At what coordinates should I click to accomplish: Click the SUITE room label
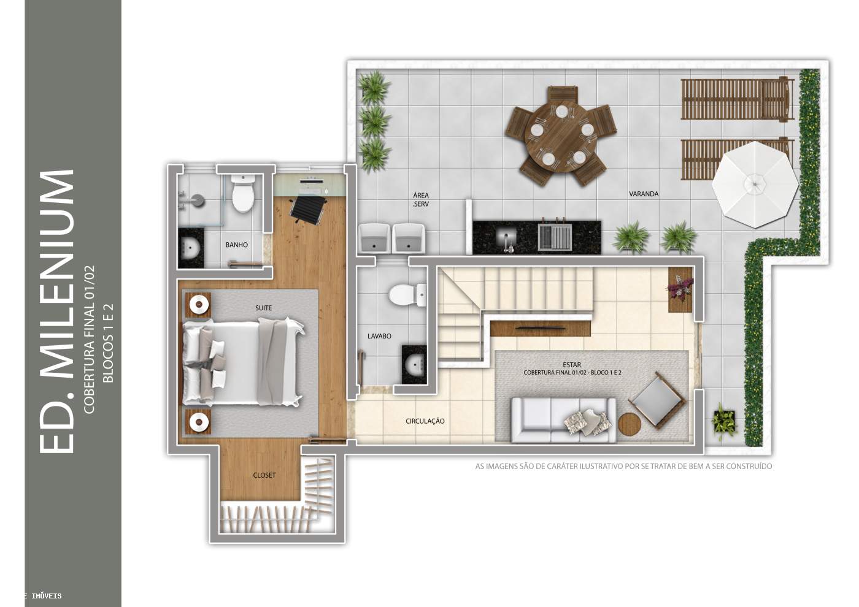[x=263, y=308]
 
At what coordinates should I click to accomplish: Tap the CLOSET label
[x=264, y=475]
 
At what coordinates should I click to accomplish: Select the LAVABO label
[x=379, y=336]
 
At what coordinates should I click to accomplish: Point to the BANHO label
[x=237, y=245]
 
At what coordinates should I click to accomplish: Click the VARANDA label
[x=644, y=194]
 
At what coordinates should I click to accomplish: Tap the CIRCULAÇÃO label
[x=425, y=421]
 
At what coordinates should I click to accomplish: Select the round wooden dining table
[x=560, y=136]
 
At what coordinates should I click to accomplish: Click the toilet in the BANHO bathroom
[x=243, y=193]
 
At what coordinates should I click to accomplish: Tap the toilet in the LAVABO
[x=407, y=295]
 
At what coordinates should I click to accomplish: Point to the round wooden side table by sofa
[x=630, y=424]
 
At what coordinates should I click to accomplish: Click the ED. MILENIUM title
[x=56, y=311]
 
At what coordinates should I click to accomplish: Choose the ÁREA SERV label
[x=421, y=200]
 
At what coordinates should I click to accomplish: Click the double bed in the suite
[x=242, y=363]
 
